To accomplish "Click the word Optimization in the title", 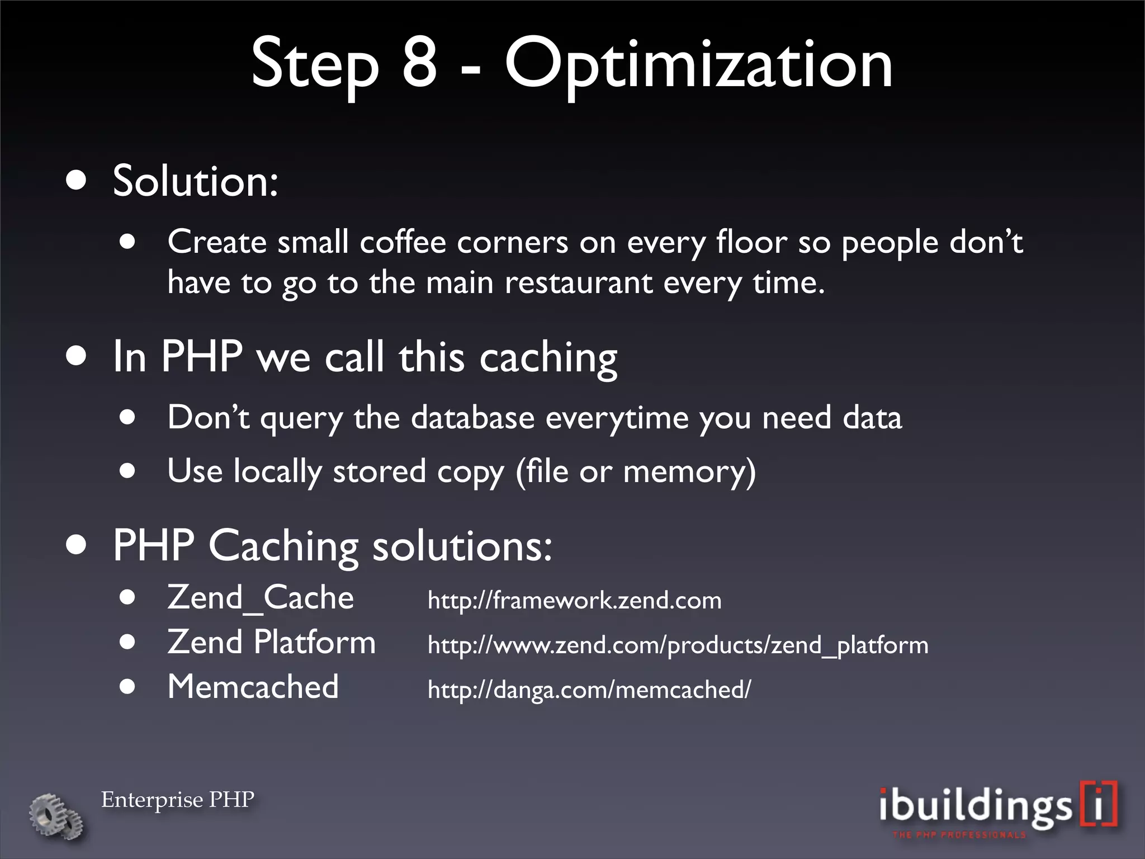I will pos(698,66).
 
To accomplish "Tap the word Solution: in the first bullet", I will pos(195,181).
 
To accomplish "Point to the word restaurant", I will pos(578,282).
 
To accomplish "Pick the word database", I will pos(472,418).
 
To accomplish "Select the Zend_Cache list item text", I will pos(261,598).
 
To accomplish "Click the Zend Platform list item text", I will pos(271,642).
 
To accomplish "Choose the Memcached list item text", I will pos(253,687).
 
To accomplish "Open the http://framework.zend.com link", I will pos(574,601).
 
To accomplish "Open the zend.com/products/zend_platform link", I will pos(678,645).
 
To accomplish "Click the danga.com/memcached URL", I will pos(589,690).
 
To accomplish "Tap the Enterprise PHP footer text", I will pos(178,800).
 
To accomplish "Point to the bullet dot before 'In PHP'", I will pos(76,356).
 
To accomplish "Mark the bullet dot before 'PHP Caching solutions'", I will pos(76,545).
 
